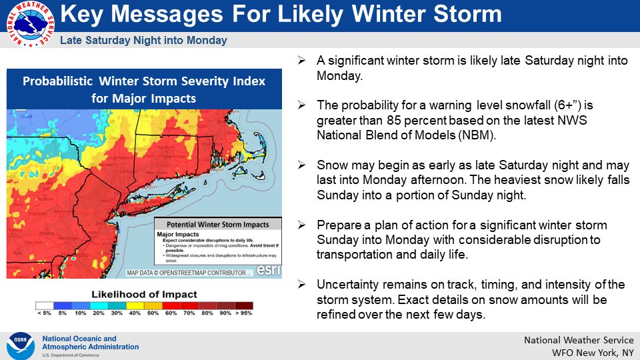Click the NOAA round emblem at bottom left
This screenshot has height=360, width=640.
coord(21,345)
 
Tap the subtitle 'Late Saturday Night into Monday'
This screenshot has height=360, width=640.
coord(143,41)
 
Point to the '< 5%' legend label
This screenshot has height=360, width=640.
coord(45,313)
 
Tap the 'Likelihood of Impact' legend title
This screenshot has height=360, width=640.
coord(145,294)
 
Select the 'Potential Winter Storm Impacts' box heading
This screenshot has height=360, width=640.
coord(217,225)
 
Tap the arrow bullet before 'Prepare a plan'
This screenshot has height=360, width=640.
coord(302,226)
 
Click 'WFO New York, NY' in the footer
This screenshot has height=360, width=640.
coord(591,352)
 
